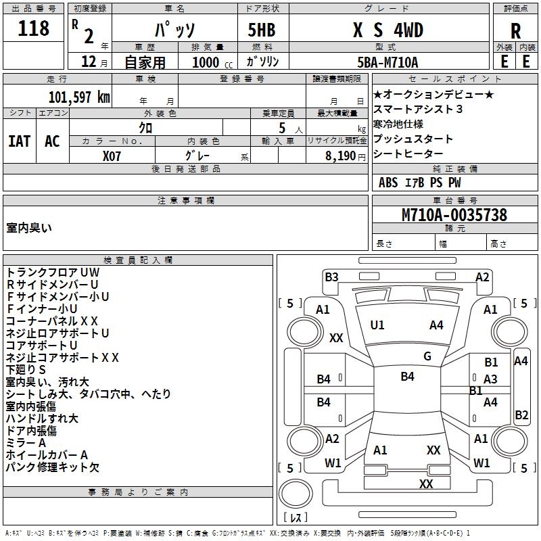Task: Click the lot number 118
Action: click(x=34, y=28)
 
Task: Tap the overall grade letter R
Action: click(x=515, y=30)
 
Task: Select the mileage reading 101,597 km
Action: click(x=79, y=97)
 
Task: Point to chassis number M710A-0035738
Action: click(x=454, y=215)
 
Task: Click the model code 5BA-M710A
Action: click(x=387, y=62)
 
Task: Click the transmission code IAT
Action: click(x=20, y=141)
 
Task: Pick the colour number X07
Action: click(x=112, y=155)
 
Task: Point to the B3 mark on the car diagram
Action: click(x=331, y=277)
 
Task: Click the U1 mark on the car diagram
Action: click(x=377, y=325)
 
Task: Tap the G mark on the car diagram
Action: click(x=427, y=356)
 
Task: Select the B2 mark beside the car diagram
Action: click(x=521, y=415)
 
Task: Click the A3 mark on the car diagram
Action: click(x=490, y=379)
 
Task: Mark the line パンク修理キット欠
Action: click(x=52, y=467)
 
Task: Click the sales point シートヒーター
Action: click(x=408, y=154)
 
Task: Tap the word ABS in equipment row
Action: click(x=388, y=183)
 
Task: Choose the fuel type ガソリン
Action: click(x=263, y=62)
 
